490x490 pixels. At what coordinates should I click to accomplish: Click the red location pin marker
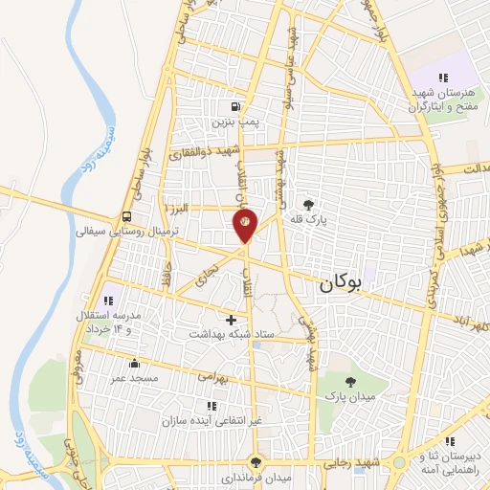pos(245,223)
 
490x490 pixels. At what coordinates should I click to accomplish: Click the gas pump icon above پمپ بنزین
pos(235,105)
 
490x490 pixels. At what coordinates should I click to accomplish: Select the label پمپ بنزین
pos(235,122)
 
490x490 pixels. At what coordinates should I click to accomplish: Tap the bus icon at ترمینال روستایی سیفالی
pos(128,216)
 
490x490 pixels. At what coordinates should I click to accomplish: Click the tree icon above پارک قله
pos(308,204)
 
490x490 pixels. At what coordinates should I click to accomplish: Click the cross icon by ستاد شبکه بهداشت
pos(231,318)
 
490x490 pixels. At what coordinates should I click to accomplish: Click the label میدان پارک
pos(342,394)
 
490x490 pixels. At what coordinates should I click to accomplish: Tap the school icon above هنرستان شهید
pos(441,78)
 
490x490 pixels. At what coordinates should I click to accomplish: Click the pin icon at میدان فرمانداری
pos(255,461)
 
